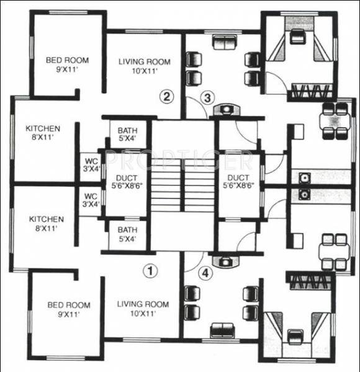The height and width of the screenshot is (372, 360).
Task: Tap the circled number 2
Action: (x=166, y=96)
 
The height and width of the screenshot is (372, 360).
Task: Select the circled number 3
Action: (x=208, y=97)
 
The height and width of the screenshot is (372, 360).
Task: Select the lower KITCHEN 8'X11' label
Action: (x=45, y=224)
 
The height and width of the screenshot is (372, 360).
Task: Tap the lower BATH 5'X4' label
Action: (x=127, y=234)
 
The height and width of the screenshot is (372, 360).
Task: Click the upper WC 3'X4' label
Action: (x=91, y=166)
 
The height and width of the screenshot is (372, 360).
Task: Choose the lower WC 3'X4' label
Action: (x=91, y=201)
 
